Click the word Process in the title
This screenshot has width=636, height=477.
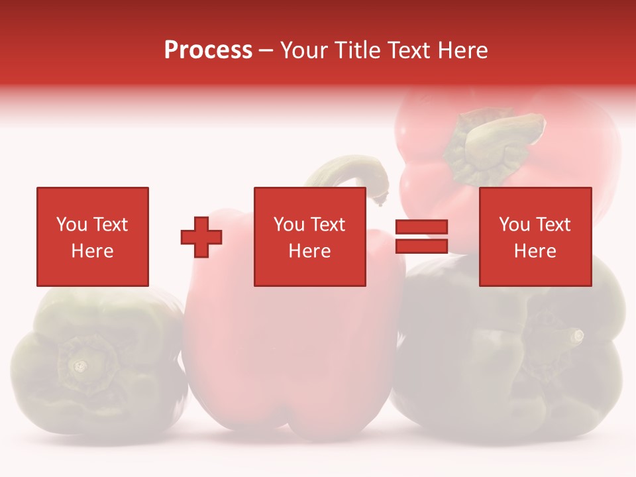[208, 50]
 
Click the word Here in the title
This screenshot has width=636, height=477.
[462, 50]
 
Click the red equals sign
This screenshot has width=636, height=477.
[421, 237]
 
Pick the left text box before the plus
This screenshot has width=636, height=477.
[93, 237]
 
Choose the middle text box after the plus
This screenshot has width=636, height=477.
[309, 237]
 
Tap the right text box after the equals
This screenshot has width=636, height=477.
[535, 237]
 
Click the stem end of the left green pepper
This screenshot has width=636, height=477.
[80, 365]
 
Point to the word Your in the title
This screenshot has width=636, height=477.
[303, 50]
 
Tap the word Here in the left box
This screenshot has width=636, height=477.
[92, 250]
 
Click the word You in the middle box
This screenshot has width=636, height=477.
[288, 225]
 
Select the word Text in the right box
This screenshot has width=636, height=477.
[554, 225]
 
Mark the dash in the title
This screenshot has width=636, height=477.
[266, 51]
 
